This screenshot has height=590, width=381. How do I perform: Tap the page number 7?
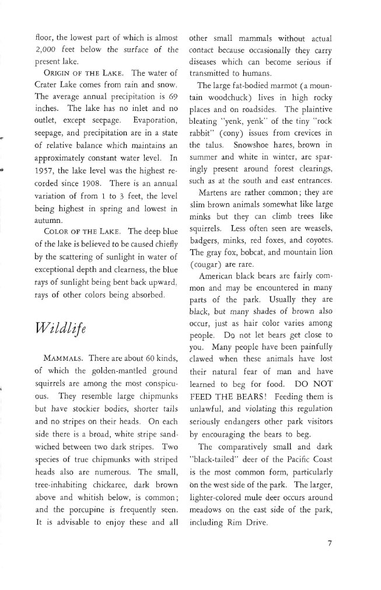tap(330, 544)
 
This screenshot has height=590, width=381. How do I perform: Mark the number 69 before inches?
tap(172, 110)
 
